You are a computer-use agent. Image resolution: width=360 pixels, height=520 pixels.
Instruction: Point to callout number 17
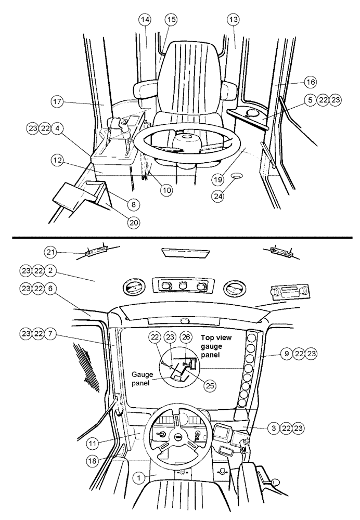point(57,102)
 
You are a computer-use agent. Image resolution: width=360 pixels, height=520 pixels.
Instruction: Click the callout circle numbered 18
point(92,461)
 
